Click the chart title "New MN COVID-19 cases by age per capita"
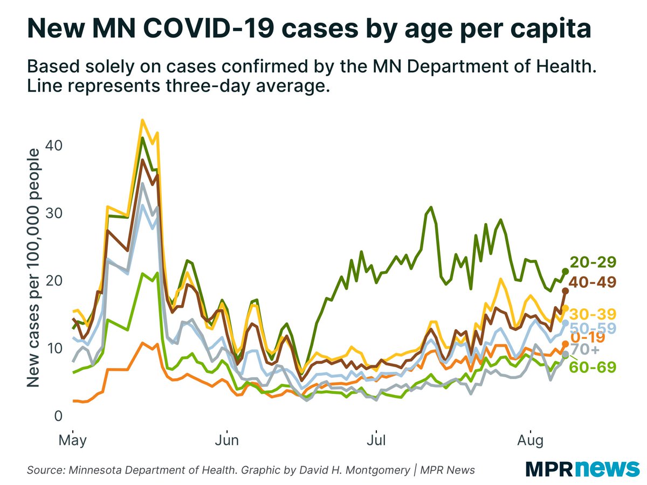(308, 27)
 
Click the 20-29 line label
(593, 262)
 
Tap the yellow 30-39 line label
(593, 314)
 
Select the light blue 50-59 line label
(593, 328)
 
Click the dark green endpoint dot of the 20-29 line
(566, 271)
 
